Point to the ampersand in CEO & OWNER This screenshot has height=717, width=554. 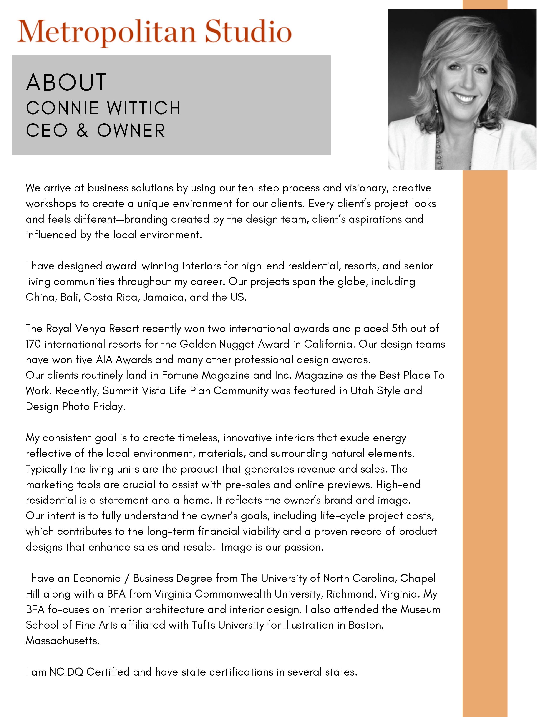click(82, 130)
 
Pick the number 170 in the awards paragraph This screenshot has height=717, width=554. click(33, 344)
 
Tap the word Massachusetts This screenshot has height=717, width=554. click(62, 641)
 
